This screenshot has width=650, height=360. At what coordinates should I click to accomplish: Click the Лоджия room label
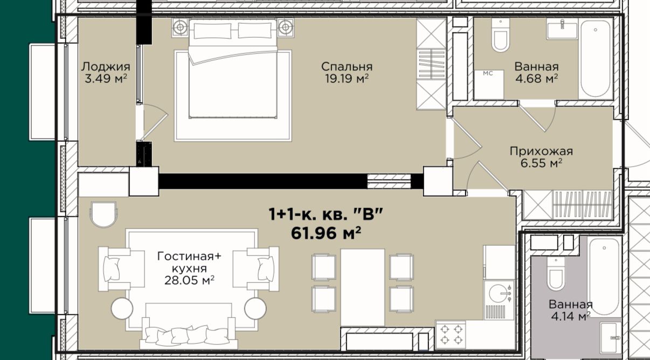click(x=106, y=67)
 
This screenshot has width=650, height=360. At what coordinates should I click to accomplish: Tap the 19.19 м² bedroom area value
click(x=347, y=78)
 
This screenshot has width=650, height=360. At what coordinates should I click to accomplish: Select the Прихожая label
click(x=542, y=151)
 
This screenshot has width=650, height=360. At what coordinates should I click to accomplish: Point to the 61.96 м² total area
click(x=326, y=233)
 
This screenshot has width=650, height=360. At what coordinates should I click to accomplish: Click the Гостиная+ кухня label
click(x=189, y=262)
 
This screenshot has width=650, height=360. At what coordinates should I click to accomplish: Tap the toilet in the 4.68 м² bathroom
click(x=500, y=35)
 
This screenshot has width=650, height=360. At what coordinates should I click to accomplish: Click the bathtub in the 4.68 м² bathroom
click(x=596, y=59)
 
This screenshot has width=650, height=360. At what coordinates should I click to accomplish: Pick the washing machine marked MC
click(x=489, y=85)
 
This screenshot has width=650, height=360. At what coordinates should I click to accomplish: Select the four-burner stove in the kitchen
click(x=451, y=335)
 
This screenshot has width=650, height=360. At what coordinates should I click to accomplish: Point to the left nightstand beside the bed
click(x=180, y=27)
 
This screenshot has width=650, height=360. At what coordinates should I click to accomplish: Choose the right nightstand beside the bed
click(x=286, y=27)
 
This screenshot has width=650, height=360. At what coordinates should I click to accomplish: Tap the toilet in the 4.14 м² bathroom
click(x=556, y=274)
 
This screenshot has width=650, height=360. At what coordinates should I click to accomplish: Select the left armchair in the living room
click(x=121, y=269)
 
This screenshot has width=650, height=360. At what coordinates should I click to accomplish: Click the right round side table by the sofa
click(x=255, y=308)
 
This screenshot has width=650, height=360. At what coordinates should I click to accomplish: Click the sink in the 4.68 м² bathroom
click(x=562, y=29)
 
